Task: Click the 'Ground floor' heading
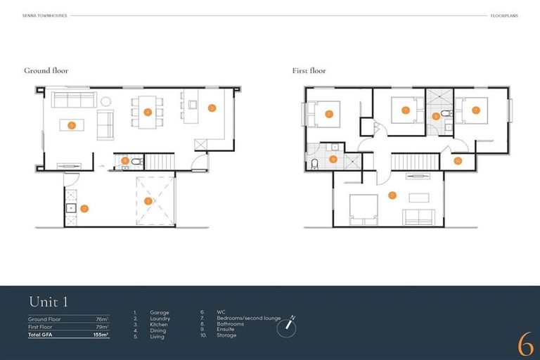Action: click(46, 71)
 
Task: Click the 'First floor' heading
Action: click(309, 71)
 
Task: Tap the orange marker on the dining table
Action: click(148, 112)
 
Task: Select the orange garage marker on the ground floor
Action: click(148, 200)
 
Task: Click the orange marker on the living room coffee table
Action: click(72, 125)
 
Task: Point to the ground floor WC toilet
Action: click(136, 161)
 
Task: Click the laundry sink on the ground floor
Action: click(70, 208)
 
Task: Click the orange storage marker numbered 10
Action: click(458, 160)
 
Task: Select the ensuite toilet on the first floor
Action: click(314, 163)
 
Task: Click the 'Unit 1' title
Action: click(48, 302)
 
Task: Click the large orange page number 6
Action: click(525, 344)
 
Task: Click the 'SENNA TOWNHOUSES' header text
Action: click(44, 15)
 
